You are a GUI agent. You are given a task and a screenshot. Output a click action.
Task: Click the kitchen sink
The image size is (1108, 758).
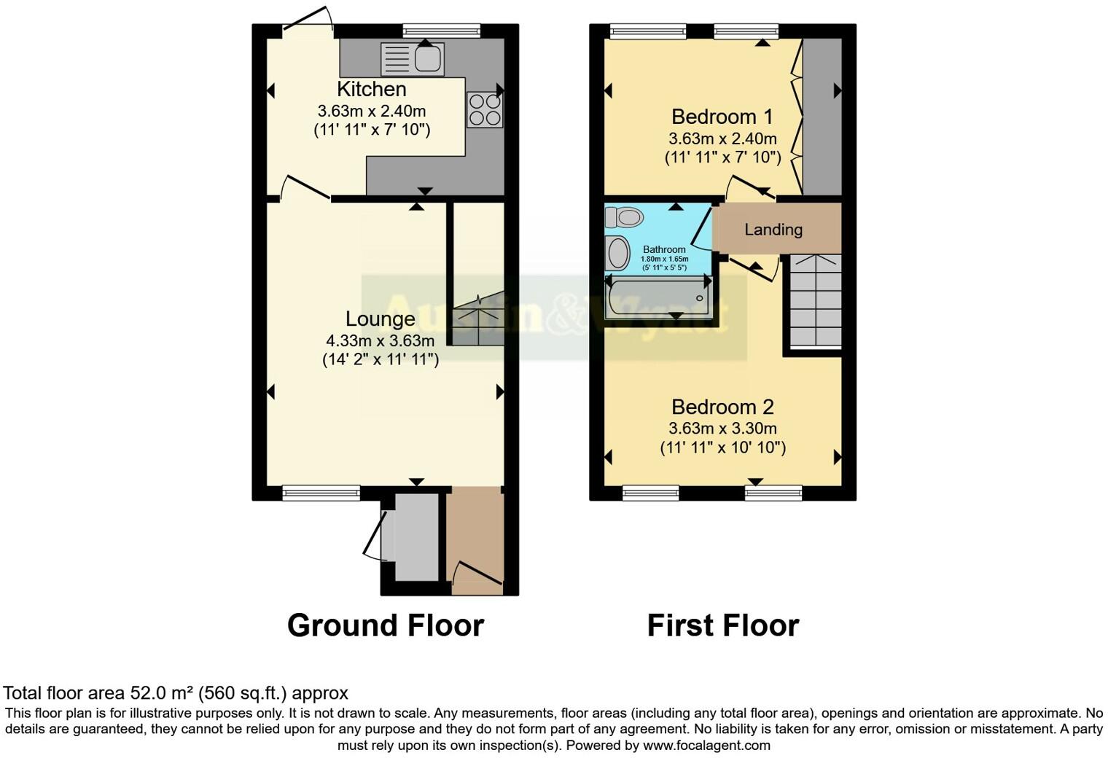pyautogui.click(x=413, y=59)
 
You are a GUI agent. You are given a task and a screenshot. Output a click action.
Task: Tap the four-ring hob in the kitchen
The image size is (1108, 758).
pyautogui.click(x=485, y=109)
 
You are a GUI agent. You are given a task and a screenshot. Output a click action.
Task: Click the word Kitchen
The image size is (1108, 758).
pyautogui.click(x=371, y=90)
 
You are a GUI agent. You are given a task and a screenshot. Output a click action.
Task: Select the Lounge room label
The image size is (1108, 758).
pyautogui.click(x=380, y=319)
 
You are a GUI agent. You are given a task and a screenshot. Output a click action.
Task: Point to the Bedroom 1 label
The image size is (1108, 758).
pyautogui.click(x=722, y=117)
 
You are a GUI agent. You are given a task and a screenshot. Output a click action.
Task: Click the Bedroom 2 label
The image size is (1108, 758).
pyautogui.click(x=722, y=407)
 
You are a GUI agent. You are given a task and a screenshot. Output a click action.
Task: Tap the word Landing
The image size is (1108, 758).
pyautogui.click(x=773, y=230)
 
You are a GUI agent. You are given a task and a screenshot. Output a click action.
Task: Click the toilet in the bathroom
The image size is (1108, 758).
pyautogui.click(x=624, y=216)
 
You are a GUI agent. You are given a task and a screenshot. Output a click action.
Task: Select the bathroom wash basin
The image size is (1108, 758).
pyautogui.click(x=618, y=253)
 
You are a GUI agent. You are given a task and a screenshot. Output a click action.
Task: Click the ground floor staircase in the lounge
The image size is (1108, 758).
pyautogui.click(x=477, y=321)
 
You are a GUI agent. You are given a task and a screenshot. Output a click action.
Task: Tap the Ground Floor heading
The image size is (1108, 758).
pyautogui.click(x=385, y=625)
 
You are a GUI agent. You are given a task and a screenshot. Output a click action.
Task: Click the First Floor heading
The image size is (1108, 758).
pyautogui.click(x=722, y=625)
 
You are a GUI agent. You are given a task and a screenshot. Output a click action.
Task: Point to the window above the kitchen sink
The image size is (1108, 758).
pyautogui.click(x=442, y=31)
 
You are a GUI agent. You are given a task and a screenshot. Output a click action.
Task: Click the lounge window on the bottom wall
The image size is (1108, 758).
pyautogui.click(x=321, y=493)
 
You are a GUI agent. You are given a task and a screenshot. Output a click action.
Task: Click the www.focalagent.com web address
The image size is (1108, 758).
pyautogui.click(x=706, y=745)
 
